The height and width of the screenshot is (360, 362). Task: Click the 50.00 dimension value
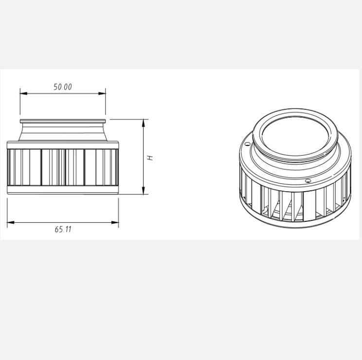(62, 87)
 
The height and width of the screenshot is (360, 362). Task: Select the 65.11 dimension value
(63, 229)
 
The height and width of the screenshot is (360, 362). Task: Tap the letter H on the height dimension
(151, 157)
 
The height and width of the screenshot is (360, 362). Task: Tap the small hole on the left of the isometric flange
(248, 144)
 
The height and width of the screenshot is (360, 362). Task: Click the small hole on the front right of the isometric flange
(308, 181)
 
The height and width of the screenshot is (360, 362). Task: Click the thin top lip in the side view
(63, 121)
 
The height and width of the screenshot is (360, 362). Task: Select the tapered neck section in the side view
(63, 132)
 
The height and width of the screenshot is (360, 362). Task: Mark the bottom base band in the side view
(63, 190)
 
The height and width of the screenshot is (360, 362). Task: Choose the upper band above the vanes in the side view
(63, 144)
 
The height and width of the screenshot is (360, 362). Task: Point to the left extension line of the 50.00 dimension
(20, 105)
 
